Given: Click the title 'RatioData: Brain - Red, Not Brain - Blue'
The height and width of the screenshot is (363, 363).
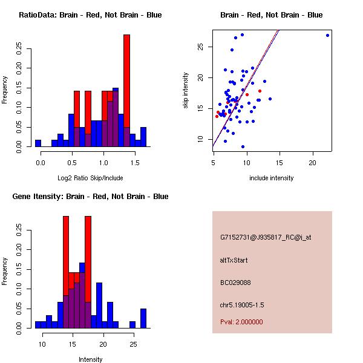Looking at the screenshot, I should click(x=90, y=15).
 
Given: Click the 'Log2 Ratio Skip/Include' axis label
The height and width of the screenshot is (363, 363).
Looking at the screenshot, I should click(x=90, y=177).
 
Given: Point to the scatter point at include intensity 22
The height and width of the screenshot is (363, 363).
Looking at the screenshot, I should click(x=327, y=35).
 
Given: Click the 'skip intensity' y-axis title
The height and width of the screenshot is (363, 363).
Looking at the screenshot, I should click(x=186, y=91).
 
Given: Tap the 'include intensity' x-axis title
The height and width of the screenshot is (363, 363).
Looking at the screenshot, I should click(x=272, y=178).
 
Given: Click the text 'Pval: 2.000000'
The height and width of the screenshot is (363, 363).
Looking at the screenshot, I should click(x=242, y=322).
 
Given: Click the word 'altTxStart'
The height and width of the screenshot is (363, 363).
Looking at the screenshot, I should click(x=234, y=260).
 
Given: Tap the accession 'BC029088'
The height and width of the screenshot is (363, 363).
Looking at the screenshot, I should click(x=235, y=282).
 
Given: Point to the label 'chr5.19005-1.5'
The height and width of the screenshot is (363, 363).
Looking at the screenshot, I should click(x=242, y=304).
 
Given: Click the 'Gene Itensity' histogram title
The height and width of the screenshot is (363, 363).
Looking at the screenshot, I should click(x=90, y=197).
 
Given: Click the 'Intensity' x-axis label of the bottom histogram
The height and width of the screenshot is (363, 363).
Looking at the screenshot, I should click(x=90, y=359).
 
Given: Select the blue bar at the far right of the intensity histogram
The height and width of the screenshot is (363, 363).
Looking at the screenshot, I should click(x=143, y=318).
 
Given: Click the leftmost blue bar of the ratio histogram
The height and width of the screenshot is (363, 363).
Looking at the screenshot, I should click(x=38, y=143).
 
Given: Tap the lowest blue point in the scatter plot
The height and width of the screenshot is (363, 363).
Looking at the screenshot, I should click(x=243, y=146).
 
